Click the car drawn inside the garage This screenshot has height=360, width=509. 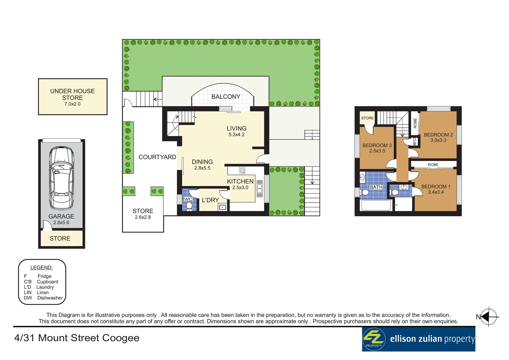[x=61, y=178]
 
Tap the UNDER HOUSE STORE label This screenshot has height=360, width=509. [x=72, y=94]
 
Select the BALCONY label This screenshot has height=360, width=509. [x=226, y=97]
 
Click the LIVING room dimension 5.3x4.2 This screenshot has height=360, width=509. [x=237, y=135]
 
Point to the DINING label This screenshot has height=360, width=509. [x=202, y=162]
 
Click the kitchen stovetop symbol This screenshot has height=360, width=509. [x=242, y=171]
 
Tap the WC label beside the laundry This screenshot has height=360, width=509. [x=188, y=199]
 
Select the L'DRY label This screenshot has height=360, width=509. [x=210, y=200]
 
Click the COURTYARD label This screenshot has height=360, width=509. [x=157, y=157]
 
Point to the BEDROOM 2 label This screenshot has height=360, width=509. [x=438, y=135]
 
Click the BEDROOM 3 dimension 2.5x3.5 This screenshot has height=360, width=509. [x=377, y=151]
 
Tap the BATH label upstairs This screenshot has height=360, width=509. [x=376, y=187]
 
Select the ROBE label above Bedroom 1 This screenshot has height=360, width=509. [x=433, y=165]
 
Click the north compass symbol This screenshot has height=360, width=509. [x=488, y=317]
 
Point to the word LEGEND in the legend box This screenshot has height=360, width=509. [x=41, y=268]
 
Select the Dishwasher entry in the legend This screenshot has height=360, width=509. [x=50, y=298]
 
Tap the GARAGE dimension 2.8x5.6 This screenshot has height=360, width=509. [x=61, y=223]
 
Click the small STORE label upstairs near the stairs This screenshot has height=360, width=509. [x=367, y=118]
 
